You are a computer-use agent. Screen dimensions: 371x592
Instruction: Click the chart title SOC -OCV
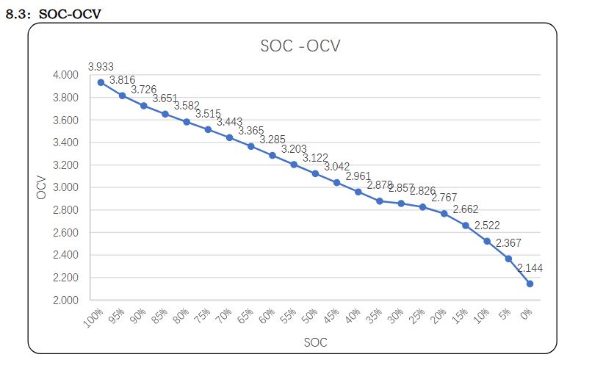(300, 46)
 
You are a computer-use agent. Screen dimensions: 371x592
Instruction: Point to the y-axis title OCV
(42, 187)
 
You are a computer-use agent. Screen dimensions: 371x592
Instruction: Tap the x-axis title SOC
(315, 343)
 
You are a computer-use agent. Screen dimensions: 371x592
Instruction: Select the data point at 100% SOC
(101, 82)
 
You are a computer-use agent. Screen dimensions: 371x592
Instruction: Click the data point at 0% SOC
(530, 284)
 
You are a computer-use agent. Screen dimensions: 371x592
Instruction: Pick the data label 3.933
(101, 67)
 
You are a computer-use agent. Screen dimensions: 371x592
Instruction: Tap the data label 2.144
(530, 268)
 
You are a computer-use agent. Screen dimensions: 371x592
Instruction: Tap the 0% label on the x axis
(526, 316)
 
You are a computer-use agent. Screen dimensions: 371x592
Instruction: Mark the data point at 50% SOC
(315, 173)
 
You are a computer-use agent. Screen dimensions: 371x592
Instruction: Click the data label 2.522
(486, 226)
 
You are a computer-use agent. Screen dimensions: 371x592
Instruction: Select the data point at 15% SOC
(465, 226)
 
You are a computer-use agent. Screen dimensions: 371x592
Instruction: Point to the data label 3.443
(229, 122)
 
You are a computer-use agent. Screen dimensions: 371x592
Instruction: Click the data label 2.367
(508, 243)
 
